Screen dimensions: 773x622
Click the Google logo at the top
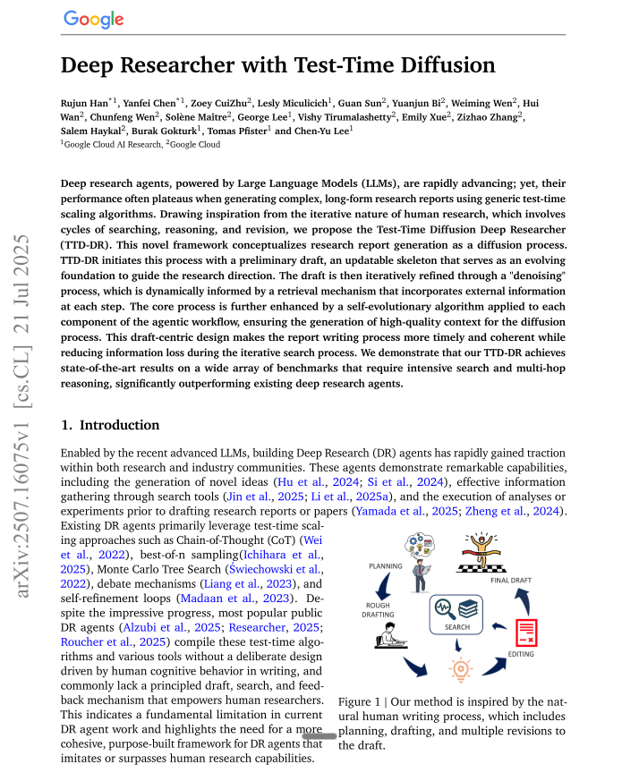(x=93, y=20)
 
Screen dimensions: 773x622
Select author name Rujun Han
(x=86, y=104)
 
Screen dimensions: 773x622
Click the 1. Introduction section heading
(x=110, y=425)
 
